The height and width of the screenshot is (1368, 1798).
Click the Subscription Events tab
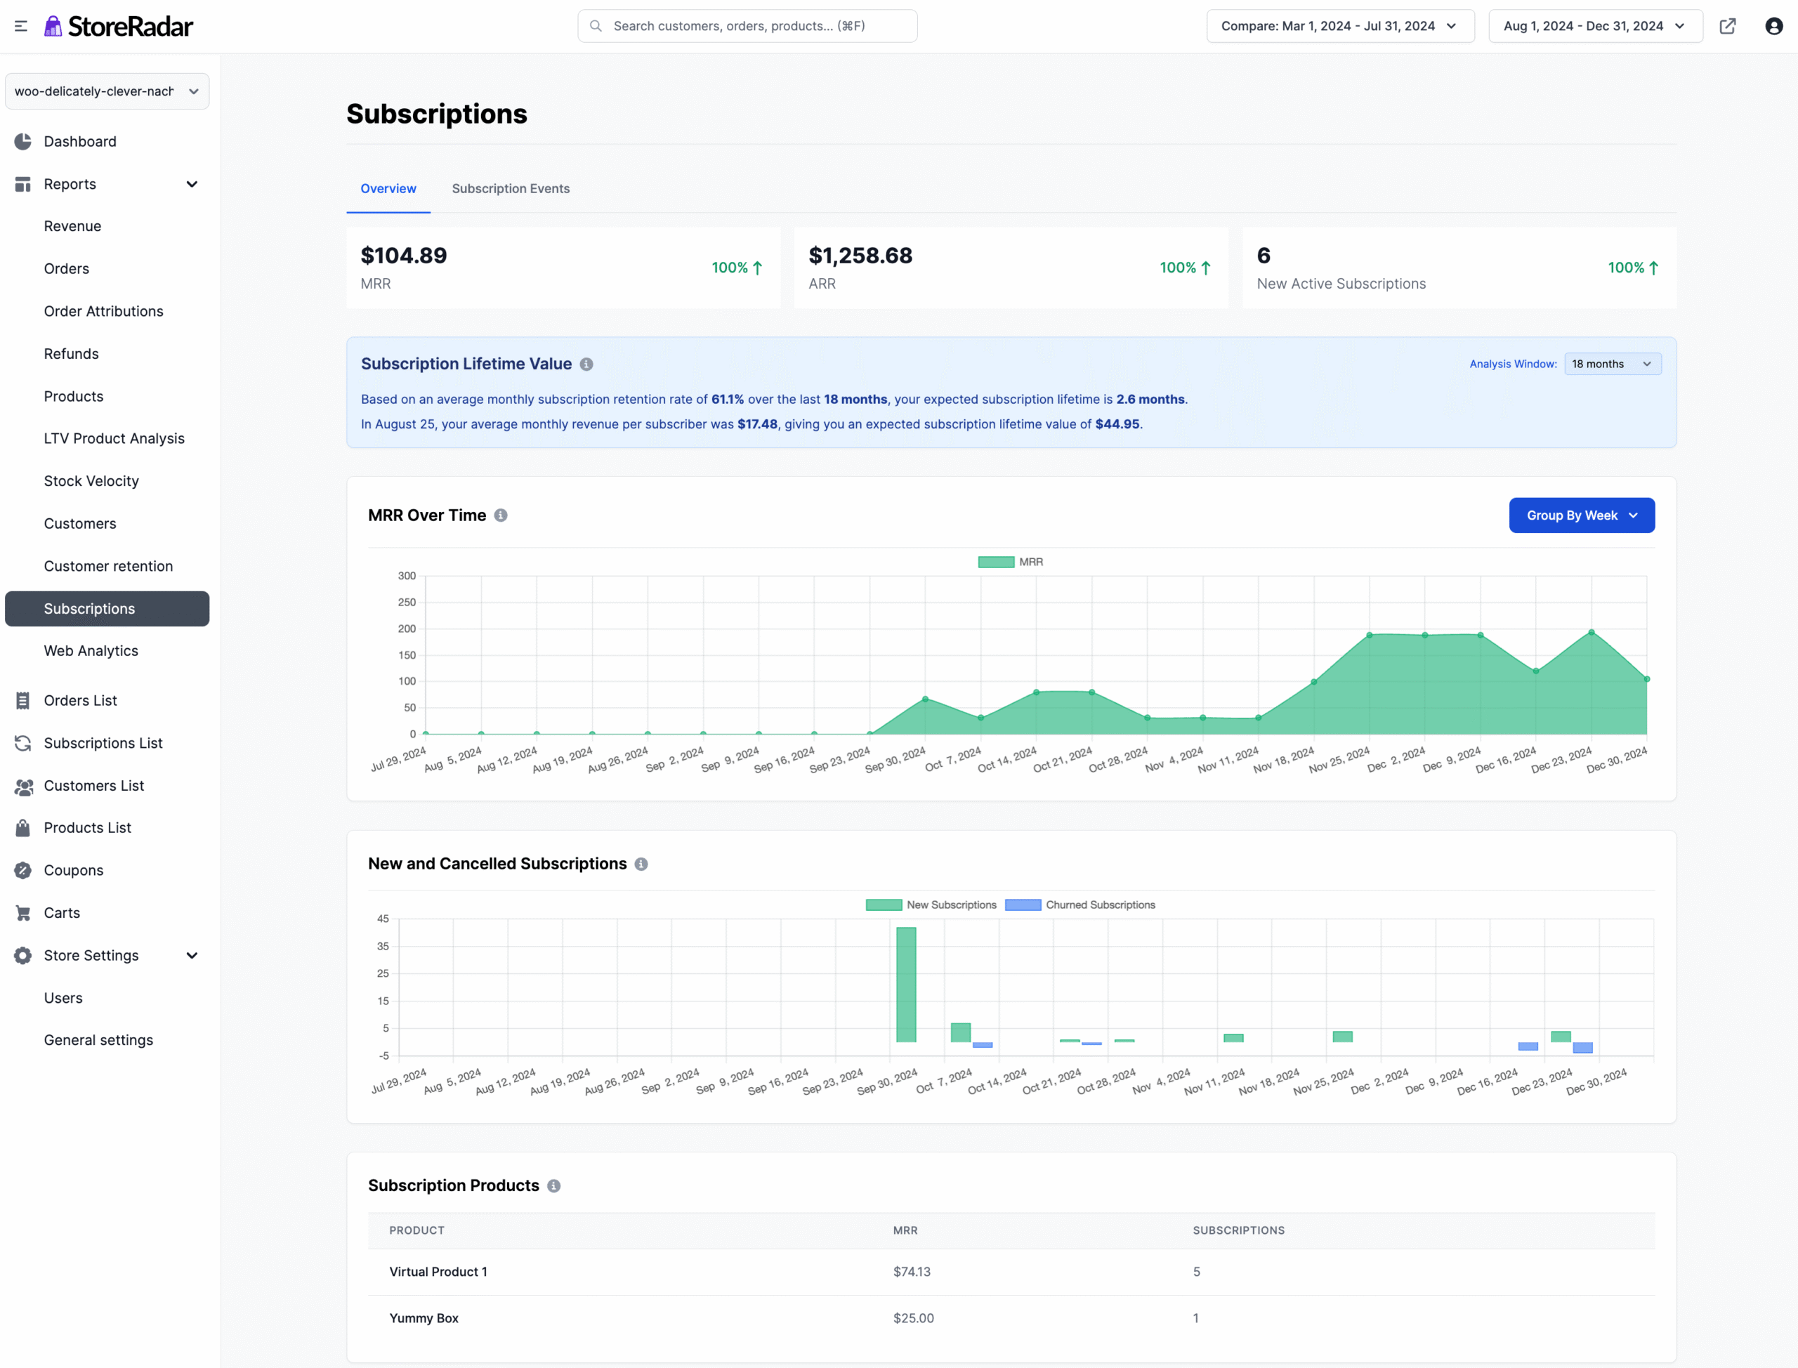[511, 188]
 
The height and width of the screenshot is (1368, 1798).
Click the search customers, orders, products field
[747, 26]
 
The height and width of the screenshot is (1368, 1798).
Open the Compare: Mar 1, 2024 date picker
[1339, 26]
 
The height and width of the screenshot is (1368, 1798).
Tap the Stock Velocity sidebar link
[91, 481]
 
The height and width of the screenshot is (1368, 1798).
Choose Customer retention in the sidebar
[108, 566]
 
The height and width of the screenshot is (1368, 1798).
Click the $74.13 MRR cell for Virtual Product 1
[911, 1272]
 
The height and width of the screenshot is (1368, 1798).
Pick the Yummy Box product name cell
[424, 1318]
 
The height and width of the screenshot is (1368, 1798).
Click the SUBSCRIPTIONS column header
[1238, 1230]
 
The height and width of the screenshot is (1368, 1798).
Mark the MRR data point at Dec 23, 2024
[1592, 633]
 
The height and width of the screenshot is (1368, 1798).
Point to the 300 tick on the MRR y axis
[407, 576]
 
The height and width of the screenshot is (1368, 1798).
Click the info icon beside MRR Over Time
[501, 515]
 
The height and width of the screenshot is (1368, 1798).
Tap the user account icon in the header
[1773, 26]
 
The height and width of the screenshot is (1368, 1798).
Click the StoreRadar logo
[119, 26]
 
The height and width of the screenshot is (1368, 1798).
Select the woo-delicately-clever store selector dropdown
[107, 91]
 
